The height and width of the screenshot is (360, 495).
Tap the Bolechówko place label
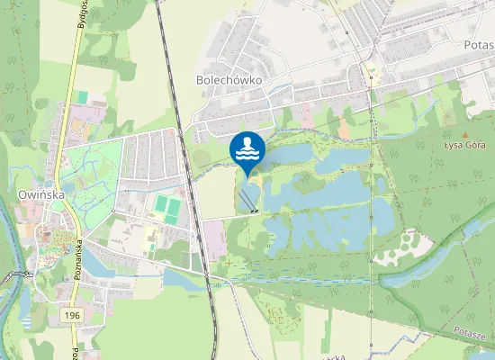[229, 80]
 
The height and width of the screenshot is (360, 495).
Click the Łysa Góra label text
[464, 144]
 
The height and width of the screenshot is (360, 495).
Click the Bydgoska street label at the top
[81, 22]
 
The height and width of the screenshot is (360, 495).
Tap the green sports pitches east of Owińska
[166, 206]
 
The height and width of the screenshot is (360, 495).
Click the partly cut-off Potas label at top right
[477, 43]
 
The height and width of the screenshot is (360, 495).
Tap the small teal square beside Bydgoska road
[83, 96]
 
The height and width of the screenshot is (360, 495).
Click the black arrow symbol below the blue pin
[256, 211]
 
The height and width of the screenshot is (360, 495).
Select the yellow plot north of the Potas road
[371, 71]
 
